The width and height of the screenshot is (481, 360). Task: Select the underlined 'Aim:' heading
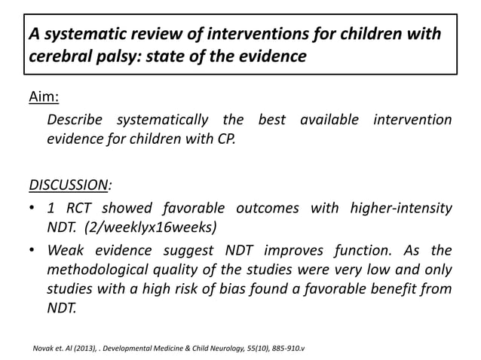[44, 99]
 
